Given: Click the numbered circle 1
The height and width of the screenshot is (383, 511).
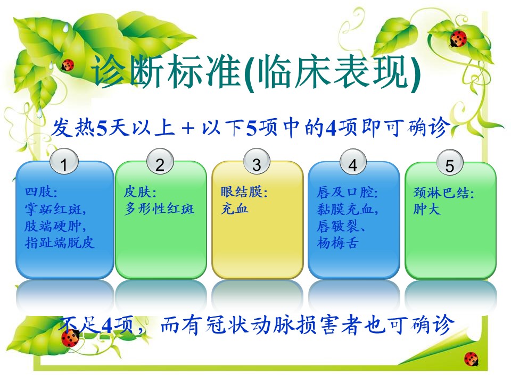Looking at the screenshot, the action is tap(64, 162).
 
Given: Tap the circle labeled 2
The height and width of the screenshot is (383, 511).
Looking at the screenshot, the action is tap(160, 162).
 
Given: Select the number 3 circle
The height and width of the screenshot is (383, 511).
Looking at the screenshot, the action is tap(257, 162).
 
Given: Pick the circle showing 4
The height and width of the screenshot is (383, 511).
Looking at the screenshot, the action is tap(353, 162).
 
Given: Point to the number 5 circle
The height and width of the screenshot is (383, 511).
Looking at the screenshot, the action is tap(449, 163).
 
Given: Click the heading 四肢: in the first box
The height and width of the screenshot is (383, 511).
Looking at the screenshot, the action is tap(41, 191).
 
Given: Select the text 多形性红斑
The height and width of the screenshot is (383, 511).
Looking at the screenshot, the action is tap(159, 209).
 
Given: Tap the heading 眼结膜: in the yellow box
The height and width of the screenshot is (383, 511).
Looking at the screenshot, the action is tap(244, 192).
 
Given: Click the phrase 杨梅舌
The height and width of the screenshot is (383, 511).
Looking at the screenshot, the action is tap(337, 243).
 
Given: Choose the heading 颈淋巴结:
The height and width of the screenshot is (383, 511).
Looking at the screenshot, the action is tap(443, 193).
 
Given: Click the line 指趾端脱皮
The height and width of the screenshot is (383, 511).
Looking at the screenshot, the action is tap(60, 243).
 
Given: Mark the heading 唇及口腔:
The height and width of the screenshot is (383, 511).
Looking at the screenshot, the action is tap(347, 192).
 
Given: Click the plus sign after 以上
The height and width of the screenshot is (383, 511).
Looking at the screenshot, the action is tap(188, 128).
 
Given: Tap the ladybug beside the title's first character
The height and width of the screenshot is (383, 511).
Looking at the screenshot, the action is tap(68, 64).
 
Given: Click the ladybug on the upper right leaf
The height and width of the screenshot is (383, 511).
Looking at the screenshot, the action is tap(458, 38).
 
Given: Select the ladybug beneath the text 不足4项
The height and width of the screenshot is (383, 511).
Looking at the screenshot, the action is tap(70, 338).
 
